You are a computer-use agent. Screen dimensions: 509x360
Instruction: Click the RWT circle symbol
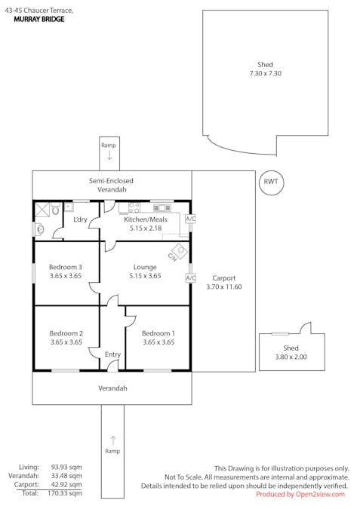pos(270,182)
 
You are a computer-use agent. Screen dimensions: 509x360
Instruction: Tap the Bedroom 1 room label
pos(158,333)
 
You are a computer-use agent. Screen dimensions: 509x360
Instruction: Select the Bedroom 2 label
pos(66,333)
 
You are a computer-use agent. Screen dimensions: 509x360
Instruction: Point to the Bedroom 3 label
pos(66,267)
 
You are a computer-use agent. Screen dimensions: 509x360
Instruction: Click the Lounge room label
pos(145,267)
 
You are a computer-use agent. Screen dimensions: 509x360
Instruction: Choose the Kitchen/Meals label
pos(145,219)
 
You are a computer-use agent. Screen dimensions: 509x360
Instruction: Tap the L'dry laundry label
pos(81,219)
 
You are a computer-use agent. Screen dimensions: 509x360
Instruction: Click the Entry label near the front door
pos(112,354)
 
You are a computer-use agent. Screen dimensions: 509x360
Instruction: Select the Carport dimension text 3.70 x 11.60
pos(223,287)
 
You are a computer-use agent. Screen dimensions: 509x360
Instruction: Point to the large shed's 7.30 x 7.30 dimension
pos(265,74)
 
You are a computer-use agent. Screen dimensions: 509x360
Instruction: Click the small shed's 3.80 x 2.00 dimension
pos(291,357)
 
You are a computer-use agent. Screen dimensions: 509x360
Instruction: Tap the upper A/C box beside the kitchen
pos(190,219)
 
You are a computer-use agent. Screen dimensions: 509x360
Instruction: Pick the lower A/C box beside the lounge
pos(190,277)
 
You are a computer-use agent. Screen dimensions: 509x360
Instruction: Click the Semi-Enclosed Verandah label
pos(111,186)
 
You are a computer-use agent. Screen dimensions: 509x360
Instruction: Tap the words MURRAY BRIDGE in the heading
pos(38,19)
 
